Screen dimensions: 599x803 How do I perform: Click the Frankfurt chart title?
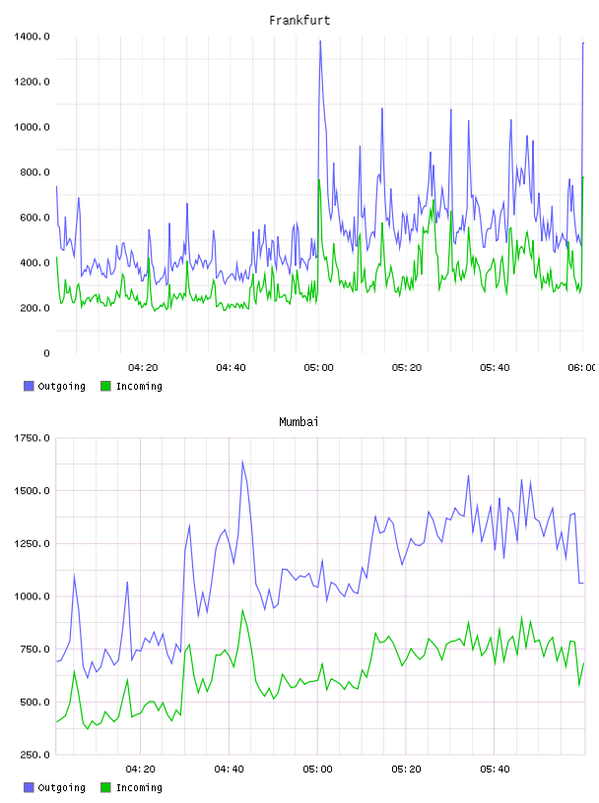(299, 21)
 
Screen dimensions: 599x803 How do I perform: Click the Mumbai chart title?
(299, 422)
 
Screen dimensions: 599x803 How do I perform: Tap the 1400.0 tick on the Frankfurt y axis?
(32, 36)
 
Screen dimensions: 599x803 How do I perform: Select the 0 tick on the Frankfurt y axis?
(46, 353)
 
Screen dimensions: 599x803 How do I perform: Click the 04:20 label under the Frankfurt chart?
(143, 368)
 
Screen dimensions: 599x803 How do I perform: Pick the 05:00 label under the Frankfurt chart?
(318, 368)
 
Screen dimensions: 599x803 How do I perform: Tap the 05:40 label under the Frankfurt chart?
(495, 368)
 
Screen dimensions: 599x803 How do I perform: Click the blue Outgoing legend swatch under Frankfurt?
(29, 386)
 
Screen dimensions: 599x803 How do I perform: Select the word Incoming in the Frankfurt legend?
(139, 386)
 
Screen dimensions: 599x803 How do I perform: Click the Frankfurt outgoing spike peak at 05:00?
(320, 41)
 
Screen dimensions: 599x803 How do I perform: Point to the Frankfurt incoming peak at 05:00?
(319, 180)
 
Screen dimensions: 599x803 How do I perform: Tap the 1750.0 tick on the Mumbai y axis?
(32, 438)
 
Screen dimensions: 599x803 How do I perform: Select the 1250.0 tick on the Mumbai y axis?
(32, 543)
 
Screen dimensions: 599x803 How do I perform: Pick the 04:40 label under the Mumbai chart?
(230, 770)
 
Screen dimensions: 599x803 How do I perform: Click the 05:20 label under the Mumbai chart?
(406, 770)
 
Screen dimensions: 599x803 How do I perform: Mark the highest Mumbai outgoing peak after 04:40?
(242, 461)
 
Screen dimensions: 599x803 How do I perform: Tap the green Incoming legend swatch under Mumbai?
(105, 787)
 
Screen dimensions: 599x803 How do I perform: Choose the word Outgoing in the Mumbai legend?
(61, 787)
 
